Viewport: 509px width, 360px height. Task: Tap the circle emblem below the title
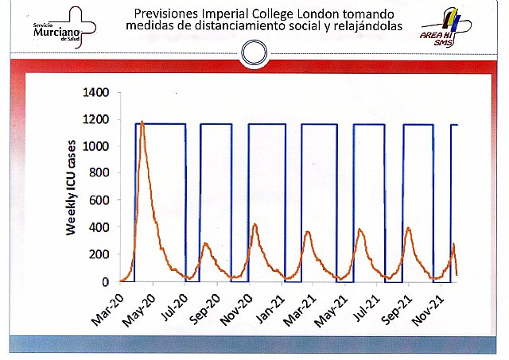254,54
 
